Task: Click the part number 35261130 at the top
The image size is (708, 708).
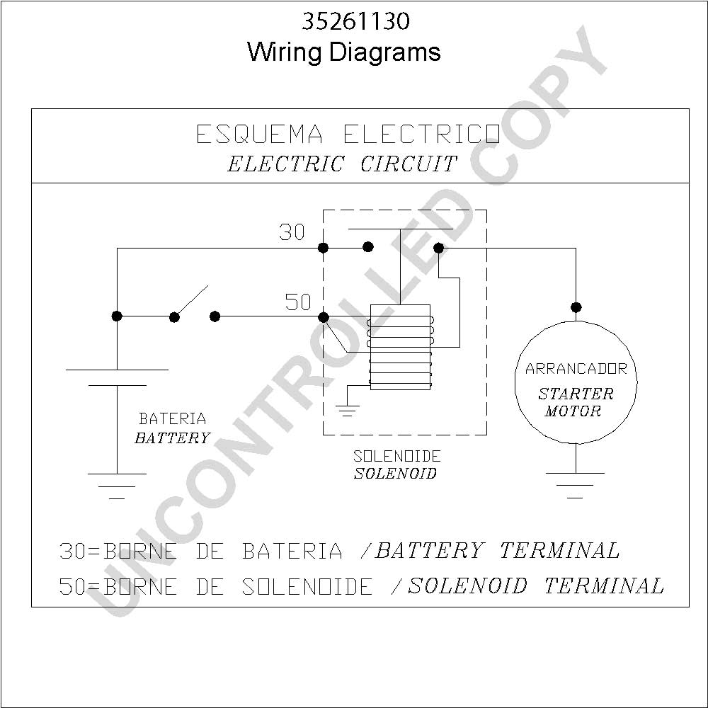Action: (356, 21)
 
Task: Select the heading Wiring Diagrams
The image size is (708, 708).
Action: (343, 52)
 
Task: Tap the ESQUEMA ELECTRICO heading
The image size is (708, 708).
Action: (348, 134)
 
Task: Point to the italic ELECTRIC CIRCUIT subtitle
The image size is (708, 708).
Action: (342, 164)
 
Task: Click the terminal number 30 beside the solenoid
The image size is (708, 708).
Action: (292, 232)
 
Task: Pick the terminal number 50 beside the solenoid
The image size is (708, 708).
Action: (298, 302)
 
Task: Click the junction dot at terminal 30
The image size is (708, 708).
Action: (324, 248)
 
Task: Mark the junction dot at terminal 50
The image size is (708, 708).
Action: (324, 317)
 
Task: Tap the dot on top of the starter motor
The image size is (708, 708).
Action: (576, 307)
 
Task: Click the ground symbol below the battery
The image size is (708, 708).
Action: (117, 486)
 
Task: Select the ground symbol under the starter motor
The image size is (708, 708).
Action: (575, 485)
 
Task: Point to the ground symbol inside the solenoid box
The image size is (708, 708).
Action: (348, 410)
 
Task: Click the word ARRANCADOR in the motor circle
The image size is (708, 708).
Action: (576, 369)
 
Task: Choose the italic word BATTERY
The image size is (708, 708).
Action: (173, 438)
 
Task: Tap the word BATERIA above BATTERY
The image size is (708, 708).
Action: (173, 419)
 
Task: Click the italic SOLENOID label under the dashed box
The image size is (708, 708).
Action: (395, 473)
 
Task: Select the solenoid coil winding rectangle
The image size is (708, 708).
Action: (400, 347)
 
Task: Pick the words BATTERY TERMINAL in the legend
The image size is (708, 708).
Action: (497, 550)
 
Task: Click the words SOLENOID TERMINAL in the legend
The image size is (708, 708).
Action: (536, 586)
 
